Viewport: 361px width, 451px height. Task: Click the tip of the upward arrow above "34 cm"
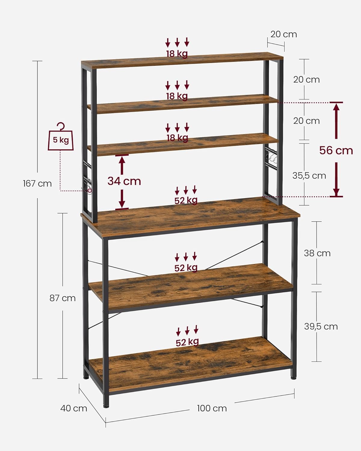click(x=122, y=156)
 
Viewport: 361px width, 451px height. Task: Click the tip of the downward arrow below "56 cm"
click(x=336, y=196)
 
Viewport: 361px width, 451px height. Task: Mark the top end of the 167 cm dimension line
click(x=37, y=61)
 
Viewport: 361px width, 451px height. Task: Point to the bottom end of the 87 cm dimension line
click(x=63, y=379)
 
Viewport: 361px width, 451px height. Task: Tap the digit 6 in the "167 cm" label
click(x=28, y=184)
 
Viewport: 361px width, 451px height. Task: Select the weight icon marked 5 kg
click(x=61, y=137)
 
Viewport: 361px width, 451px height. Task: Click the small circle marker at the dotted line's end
click(x=90, y=191)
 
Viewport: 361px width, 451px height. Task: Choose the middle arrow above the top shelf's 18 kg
click(x=177, y=42)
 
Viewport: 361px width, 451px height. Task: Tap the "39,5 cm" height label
click(x=321, y=327)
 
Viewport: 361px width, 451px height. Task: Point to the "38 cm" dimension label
click(x=317, y=253)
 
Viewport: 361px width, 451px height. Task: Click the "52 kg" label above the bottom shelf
click(x=187, y=342)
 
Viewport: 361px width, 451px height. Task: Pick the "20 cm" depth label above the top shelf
click(x=284, y=34)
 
